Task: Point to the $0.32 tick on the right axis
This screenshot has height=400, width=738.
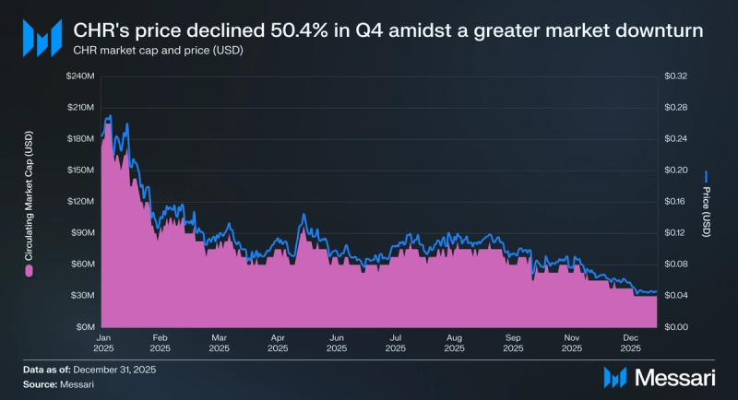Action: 676,76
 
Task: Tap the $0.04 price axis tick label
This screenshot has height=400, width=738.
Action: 676,295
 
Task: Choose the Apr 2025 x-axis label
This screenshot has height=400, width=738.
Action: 278,343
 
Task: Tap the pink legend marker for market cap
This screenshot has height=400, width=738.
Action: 30,272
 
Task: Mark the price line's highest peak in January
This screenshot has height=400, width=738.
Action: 111,116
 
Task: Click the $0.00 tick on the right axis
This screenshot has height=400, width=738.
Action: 676,326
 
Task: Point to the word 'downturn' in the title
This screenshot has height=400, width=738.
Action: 656,31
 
